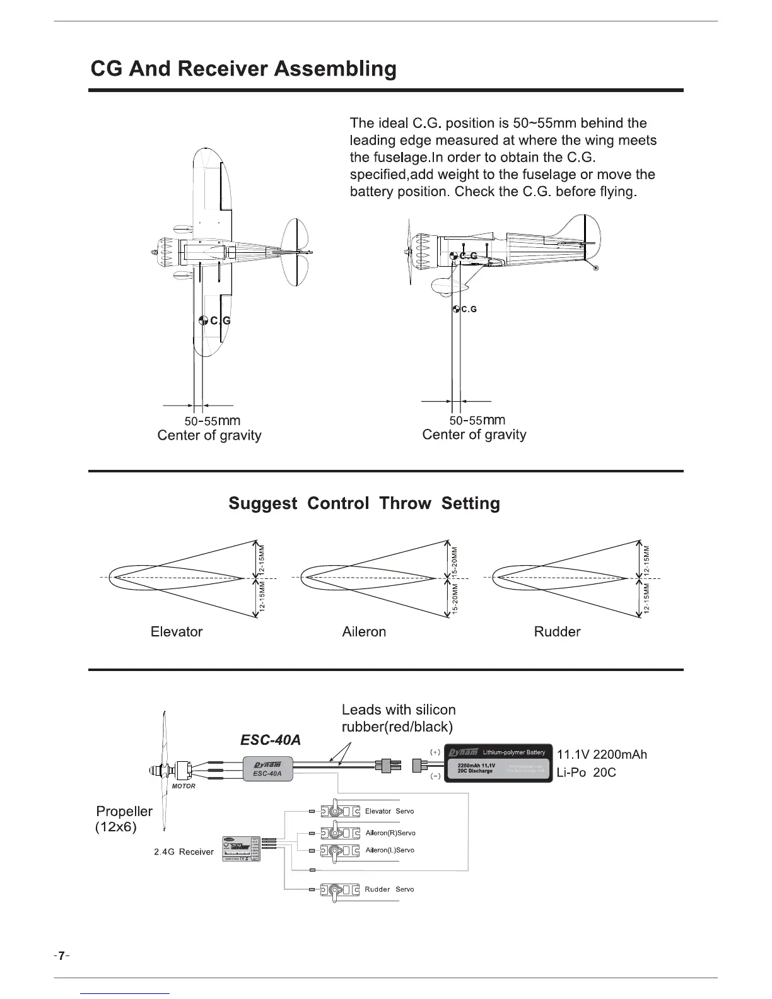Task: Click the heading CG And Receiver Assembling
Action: (243, 68)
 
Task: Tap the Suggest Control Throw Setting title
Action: (364, 503)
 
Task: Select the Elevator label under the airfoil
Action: (177, 631)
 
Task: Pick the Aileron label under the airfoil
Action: (364, 631)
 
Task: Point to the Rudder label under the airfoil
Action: (557, 631)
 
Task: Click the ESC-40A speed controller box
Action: (268, 768)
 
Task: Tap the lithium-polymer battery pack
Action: (498, 764)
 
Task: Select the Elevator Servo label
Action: (389, 811)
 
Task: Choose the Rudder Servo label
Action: (389, 889)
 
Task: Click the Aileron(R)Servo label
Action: (390, 833)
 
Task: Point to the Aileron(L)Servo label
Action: (390, 850)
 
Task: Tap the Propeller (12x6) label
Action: (124, 819)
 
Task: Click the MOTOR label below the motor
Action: (184, 786)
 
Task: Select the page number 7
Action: (61, 955)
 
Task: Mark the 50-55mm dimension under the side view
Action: (477, 420)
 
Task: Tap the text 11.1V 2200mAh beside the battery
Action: (602, 755)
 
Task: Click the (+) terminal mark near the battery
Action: (435, 752)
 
